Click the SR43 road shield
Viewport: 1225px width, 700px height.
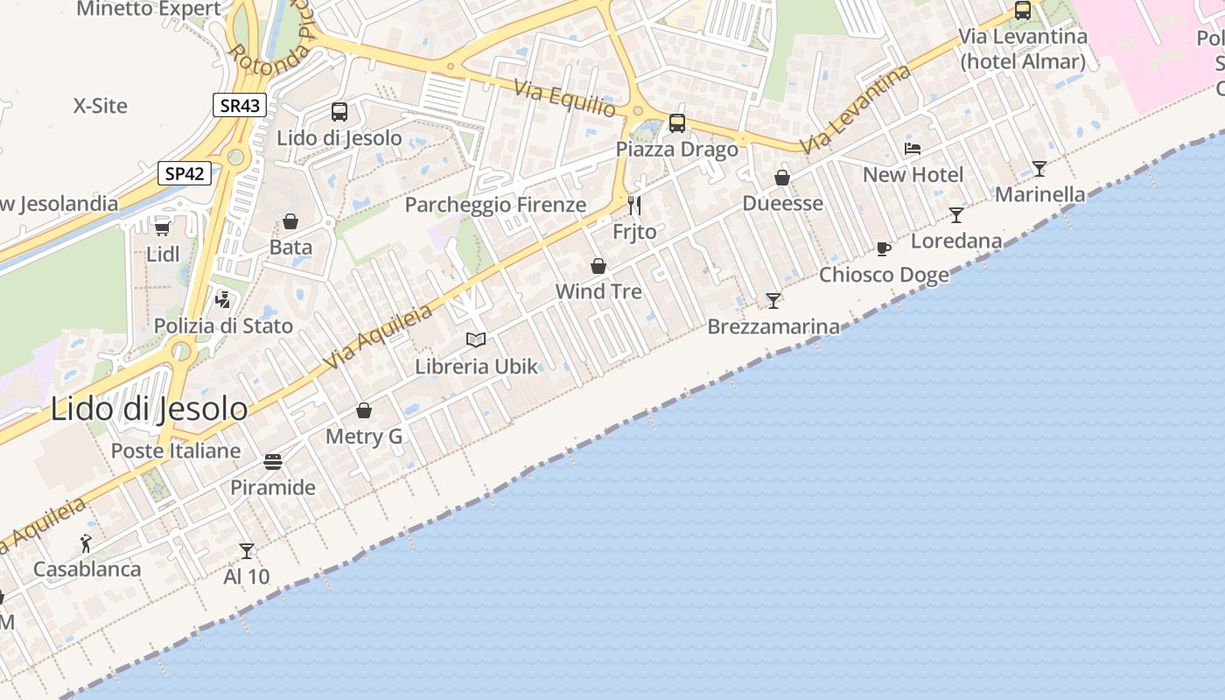(239, 106)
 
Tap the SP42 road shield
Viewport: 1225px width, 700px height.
(185, 173)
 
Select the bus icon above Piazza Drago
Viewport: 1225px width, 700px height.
(677, 123)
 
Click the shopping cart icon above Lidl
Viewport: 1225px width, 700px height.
(162, 228)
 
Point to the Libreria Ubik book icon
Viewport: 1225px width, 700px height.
(476, 339)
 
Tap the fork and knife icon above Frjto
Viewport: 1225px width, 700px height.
(634, 206)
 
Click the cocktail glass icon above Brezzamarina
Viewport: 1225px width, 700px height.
(773, 301)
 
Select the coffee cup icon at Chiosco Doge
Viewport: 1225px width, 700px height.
(884, 249)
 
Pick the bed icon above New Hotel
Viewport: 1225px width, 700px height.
(913, 149)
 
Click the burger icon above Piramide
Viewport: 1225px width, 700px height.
(273, 461)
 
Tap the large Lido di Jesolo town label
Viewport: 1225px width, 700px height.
(149, 409)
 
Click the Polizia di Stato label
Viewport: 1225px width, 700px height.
(223, 325)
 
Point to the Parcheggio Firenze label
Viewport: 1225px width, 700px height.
(495, 205)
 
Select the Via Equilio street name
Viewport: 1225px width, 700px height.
(565, 99)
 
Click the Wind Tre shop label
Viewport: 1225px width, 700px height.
(598, 291)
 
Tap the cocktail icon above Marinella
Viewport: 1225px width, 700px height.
(1039, 169)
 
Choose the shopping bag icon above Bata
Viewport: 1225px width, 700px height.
(290, 222)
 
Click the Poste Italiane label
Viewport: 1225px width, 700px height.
(175, 451)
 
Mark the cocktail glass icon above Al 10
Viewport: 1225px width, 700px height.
(247, 551)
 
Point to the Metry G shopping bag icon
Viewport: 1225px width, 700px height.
(364, 410)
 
